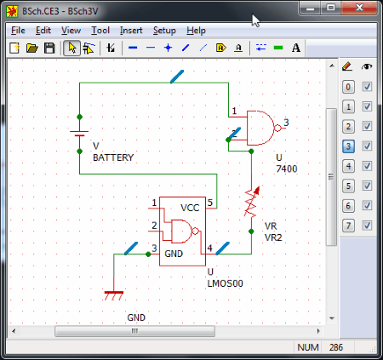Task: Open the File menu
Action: pyautogui.click(x=18, y=31)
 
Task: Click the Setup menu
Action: pyautogui.click(x=164, y=31)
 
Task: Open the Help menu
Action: pyautogui.click(x=196, y=31)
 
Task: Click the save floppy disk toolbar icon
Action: pyautogui.click(x=49, y=48)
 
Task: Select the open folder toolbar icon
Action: pyautogui.click(x=32, y=48)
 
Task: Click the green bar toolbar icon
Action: pyautogui.click(x=278, y=48)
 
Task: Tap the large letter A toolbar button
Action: pyautogui.click(x=296, y=48)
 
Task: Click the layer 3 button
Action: pyautogui.click(x=348, y=146)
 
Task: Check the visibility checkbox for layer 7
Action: pyautogui.click(x=367, y=226)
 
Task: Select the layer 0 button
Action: pyautogui.click(x=348, y=87)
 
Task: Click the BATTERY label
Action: pyautogui.click(x=113, y=157)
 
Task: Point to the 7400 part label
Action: pyautogui.click(x=287, y=169)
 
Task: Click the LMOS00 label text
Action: pyautogui.click(x=226, y=283)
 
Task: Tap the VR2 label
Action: pyautogui.click(x=273, y=237)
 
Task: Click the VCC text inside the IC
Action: pyautogui.click(x=190, y=208)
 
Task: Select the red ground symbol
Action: pyautogui.click(x=114, y=295)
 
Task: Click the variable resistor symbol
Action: pyautogui.click(x=252, y=202)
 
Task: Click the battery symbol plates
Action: pyautogui.click(x=79, y=134)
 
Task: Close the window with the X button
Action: pyautogui.click(x=359, y=8)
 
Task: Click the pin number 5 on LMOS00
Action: pyautogui.click(x=210, y=203)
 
